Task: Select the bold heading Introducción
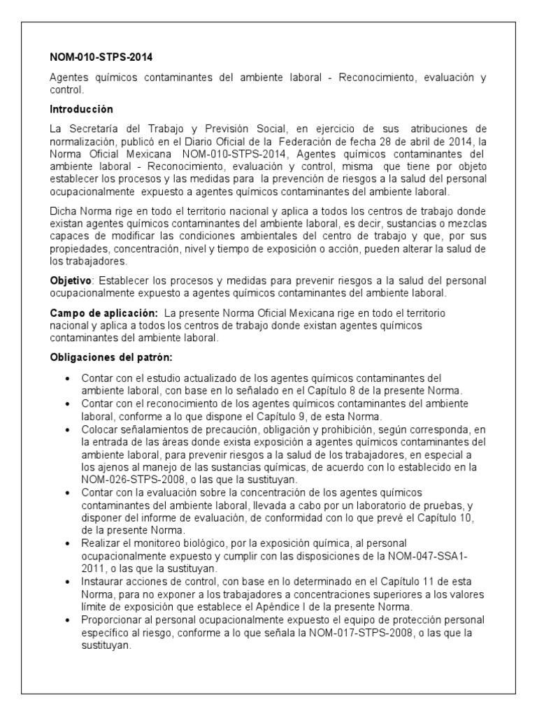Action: click(x=81, y=110)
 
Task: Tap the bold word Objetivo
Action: click(x=71, y=280)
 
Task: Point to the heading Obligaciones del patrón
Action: click(x=106, y=357)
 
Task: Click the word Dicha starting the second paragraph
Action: click(x=64, y=210)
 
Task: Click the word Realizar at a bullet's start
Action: click(x=102, y=543)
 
